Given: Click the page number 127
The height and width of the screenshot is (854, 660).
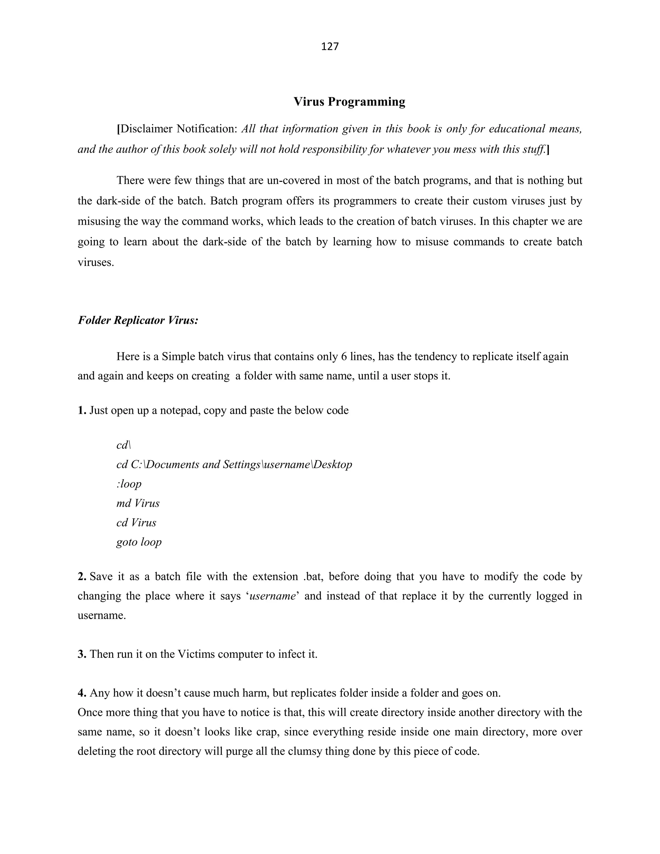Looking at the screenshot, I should point(330,46).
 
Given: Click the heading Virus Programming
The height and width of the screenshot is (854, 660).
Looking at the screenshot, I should point(349,102).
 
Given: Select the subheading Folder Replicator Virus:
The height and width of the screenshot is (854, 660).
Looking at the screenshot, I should point(138,320).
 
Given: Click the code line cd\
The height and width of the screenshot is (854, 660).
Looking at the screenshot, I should point(123,445).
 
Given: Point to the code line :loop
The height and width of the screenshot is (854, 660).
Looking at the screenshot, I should point(129,484).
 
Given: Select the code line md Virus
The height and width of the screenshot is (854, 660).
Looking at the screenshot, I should point(138,503).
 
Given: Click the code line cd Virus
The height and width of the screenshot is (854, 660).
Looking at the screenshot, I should point(136,523).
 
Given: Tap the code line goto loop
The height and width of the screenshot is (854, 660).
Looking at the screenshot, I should point(139,542).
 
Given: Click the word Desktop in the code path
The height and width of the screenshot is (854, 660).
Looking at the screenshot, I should point(333,464).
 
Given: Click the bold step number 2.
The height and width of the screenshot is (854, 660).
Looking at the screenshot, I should point(82,577).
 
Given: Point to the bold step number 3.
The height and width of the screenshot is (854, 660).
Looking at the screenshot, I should point(82,654).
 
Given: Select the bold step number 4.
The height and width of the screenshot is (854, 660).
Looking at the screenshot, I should point(82,693).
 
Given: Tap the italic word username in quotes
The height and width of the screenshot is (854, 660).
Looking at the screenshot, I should point(272,596).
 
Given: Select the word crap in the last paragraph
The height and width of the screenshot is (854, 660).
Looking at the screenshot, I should point(267,732).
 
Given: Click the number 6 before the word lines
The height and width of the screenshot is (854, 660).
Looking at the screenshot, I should point(344,357).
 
